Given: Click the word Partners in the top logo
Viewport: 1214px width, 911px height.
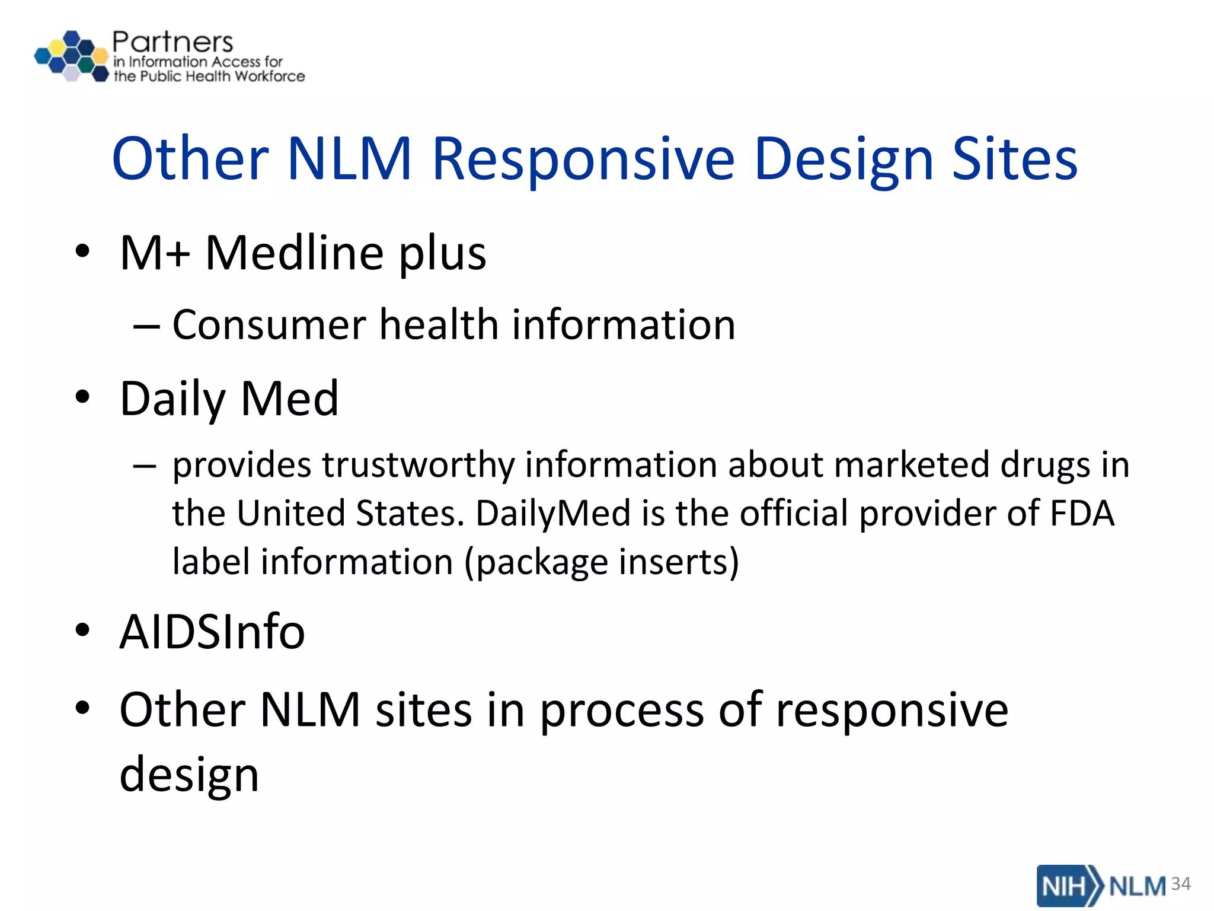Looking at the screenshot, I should [x=172, y=43].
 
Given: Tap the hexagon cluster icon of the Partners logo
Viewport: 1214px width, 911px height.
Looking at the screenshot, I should [x=72, y=56].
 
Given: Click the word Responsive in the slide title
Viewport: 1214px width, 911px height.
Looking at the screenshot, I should [x=583, y=159].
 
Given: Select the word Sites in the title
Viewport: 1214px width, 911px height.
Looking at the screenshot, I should [x=1014, y=159].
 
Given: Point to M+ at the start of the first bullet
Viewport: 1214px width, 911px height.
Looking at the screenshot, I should [x=155, y=253].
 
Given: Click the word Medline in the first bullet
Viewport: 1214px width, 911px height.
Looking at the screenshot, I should [x=294, y=253].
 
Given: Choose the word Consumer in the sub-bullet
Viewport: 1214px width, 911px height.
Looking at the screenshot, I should [x=269, y=325].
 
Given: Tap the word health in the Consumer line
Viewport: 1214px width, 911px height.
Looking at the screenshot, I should [x=439, y=325].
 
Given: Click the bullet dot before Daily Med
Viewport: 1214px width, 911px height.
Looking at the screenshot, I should [x=82, y=396].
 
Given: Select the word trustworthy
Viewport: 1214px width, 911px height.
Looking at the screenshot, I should [x=418, y=464].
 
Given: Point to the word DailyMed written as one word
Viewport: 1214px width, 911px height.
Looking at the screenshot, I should [x=552, y=513].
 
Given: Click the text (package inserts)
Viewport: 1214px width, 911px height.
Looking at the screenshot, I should [x=601, y=562].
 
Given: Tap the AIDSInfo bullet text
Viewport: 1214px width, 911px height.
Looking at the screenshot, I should [x=212, y=632].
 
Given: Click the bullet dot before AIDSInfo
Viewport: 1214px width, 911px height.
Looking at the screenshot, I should [x=82, y=630].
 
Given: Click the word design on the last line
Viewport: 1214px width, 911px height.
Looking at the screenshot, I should [x=189, y=775].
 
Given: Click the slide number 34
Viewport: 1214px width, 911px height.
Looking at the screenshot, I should [x=1181, y=884].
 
